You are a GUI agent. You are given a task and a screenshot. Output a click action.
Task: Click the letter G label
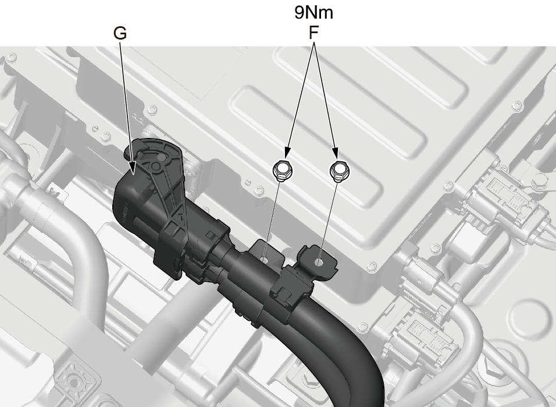pos(120,33)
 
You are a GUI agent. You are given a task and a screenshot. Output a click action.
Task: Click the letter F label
pos(313,33)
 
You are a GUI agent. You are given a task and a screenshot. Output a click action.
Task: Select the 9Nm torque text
pos(314,12)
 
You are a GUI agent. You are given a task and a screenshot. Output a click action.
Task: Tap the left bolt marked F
pos(283,170)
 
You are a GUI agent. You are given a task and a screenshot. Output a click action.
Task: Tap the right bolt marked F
pos(340,170)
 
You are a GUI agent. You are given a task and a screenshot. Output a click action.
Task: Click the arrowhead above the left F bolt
pos(287,153)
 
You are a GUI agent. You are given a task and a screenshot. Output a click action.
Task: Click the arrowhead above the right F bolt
pos(334,153)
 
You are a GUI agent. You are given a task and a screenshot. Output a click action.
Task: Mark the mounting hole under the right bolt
pos(319,263)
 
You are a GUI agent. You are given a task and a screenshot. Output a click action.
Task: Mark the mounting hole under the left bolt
pos(263,260)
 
